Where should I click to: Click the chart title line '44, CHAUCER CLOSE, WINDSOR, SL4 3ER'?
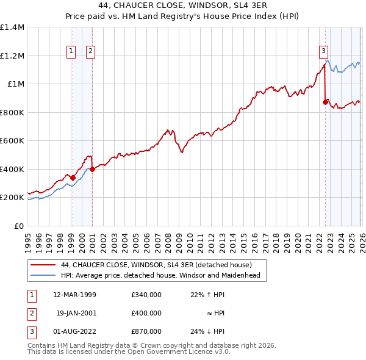pos(182,5)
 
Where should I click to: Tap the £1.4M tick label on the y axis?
pos(12,27)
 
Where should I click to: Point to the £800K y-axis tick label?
pos(12,112)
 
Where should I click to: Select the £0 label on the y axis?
pos(20,226)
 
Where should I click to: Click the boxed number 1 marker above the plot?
pos(72,52)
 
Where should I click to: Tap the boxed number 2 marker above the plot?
pos(90,52)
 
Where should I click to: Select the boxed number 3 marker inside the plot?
pos(323,52)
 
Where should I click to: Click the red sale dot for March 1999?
pos(73,178)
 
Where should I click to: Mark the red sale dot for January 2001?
pos(92,170)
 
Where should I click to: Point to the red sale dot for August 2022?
pos(325,103)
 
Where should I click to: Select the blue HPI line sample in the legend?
pos(44,275)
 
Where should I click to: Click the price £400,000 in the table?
pos(146,313)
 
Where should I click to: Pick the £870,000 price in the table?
pos(146,331)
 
